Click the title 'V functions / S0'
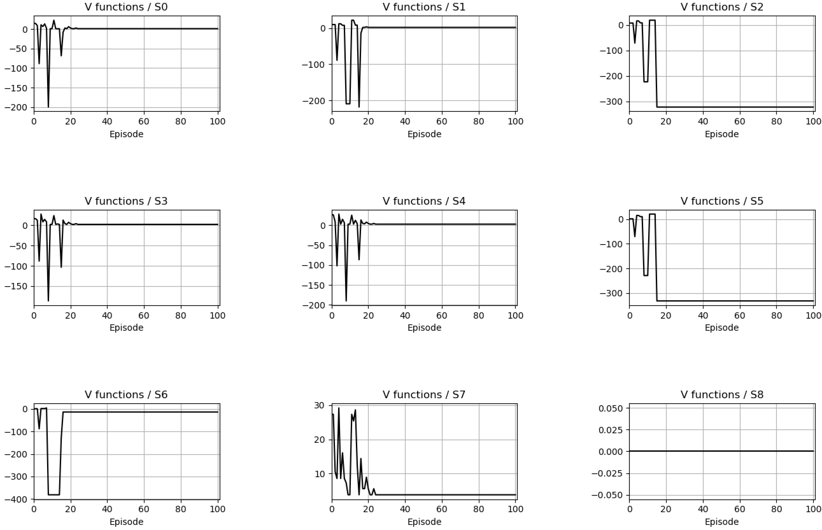[126, 7]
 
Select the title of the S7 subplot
[424, 394]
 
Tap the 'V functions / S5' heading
[721, 201]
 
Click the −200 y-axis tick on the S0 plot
[16, 107]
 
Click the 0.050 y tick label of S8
[611, 408]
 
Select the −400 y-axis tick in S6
[16, 499]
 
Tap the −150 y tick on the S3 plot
[16, 286]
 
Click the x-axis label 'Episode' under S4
[424, 328]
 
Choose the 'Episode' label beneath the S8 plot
[721, 522]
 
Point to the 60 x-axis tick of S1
[442, 122]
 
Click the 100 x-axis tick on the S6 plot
[217, 509]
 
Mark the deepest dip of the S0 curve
[48, 107]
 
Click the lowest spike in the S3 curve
[48, 301]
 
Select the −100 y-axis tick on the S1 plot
[314, 64]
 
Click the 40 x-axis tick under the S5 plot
[703, 315]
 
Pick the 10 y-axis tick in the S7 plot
[320, 474]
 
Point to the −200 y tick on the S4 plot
[314, 305]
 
